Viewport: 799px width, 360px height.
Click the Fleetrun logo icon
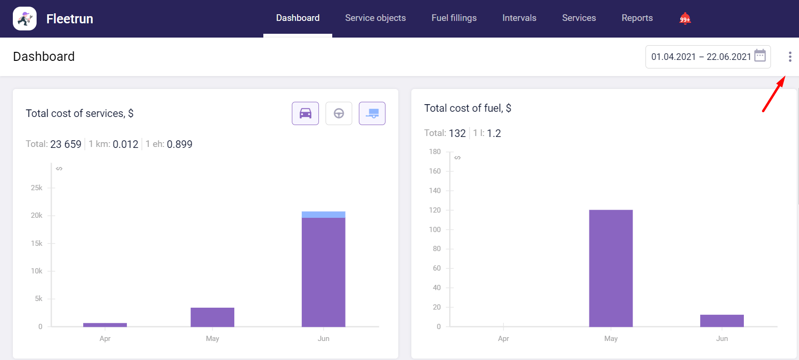pos(25,19)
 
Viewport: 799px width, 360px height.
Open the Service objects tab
pos(375,18)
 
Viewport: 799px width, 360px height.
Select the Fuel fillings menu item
pos(453,18)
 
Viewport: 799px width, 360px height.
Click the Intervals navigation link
pos(519,18)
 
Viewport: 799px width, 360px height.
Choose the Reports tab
pos(637,18)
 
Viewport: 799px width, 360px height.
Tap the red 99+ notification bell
pos(684,19)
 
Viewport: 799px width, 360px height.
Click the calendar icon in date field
pos(760,56)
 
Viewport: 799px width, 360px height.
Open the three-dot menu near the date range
pos(790,57)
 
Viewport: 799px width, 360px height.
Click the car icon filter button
pos(305,114)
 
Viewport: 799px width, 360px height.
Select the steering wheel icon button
pos(339,114)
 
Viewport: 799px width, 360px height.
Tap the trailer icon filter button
pos(372,114)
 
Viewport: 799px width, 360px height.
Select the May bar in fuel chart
pos(611,268)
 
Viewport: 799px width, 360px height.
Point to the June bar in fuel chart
pos(722,321)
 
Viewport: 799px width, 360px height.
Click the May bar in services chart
pos(212,317)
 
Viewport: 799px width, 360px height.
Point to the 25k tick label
pos(37,188)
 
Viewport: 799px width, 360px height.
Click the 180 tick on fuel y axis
pos(434,152)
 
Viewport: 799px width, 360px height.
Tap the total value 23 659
pos(66,144)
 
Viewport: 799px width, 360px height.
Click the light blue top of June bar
pos(323,214)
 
